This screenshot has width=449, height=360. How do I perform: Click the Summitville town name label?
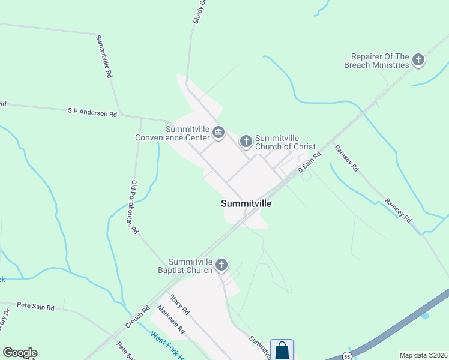pos(246,203)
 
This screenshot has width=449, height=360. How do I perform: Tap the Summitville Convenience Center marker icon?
pos(218,133)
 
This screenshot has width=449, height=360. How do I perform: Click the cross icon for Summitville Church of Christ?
pos(246,142)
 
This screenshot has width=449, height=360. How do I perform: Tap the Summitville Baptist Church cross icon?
pos(221,265)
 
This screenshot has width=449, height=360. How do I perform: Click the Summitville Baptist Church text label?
pos(191,266)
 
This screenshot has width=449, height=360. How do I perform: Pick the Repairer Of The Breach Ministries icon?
pos(418,60)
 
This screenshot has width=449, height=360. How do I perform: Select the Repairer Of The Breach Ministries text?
pos(376,60)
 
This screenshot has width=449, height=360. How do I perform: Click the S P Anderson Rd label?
pos(92,112)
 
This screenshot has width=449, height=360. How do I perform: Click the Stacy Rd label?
pos(179,304)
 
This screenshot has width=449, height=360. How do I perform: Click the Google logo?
pos(20,353)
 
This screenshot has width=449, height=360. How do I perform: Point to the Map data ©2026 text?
pos(423,355)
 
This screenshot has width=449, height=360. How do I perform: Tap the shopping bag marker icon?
pos(282,350)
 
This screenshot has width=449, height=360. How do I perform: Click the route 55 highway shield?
pos(347,356)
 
